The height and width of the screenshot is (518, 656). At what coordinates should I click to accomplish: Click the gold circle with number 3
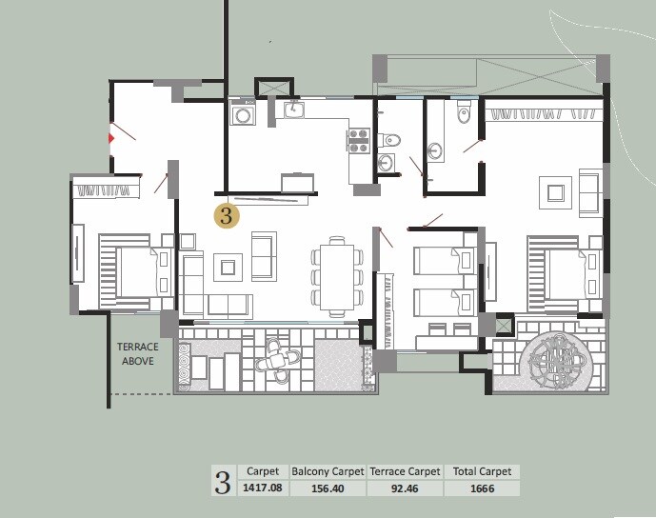(x=226, y=215)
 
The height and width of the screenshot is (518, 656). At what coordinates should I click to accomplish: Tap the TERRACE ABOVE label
(x=138, y=354)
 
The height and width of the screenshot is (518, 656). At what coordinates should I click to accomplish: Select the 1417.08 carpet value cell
(x=262, y=488)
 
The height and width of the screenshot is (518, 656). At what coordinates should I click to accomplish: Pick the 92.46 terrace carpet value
(x=405, y=488)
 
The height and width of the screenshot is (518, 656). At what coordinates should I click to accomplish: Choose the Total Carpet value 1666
(x=483, y=488)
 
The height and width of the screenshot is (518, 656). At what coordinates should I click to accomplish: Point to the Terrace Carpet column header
(x=405, y=471)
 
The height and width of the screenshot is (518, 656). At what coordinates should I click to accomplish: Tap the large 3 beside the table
(x=223, y=481)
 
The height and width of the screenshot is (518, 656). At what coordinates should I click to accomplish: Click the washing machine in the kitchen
(x=244, y=115)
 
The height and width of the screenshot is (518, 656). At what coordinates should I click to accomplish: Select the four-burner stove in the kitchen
(x=359, y=141)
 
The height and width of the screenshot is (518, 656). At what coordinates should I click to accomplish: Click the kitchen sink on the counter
(x=295, y=110)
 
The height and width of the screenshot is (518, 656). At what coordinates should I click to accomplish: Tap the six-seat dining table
(x=336, y=278)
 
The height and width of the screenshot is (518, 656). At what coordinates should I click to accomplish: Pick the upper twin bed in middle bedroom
(x=444, y=260)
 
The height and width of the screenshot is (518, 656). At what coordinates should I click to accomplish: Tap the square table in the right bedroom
(x=553, y=193)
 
